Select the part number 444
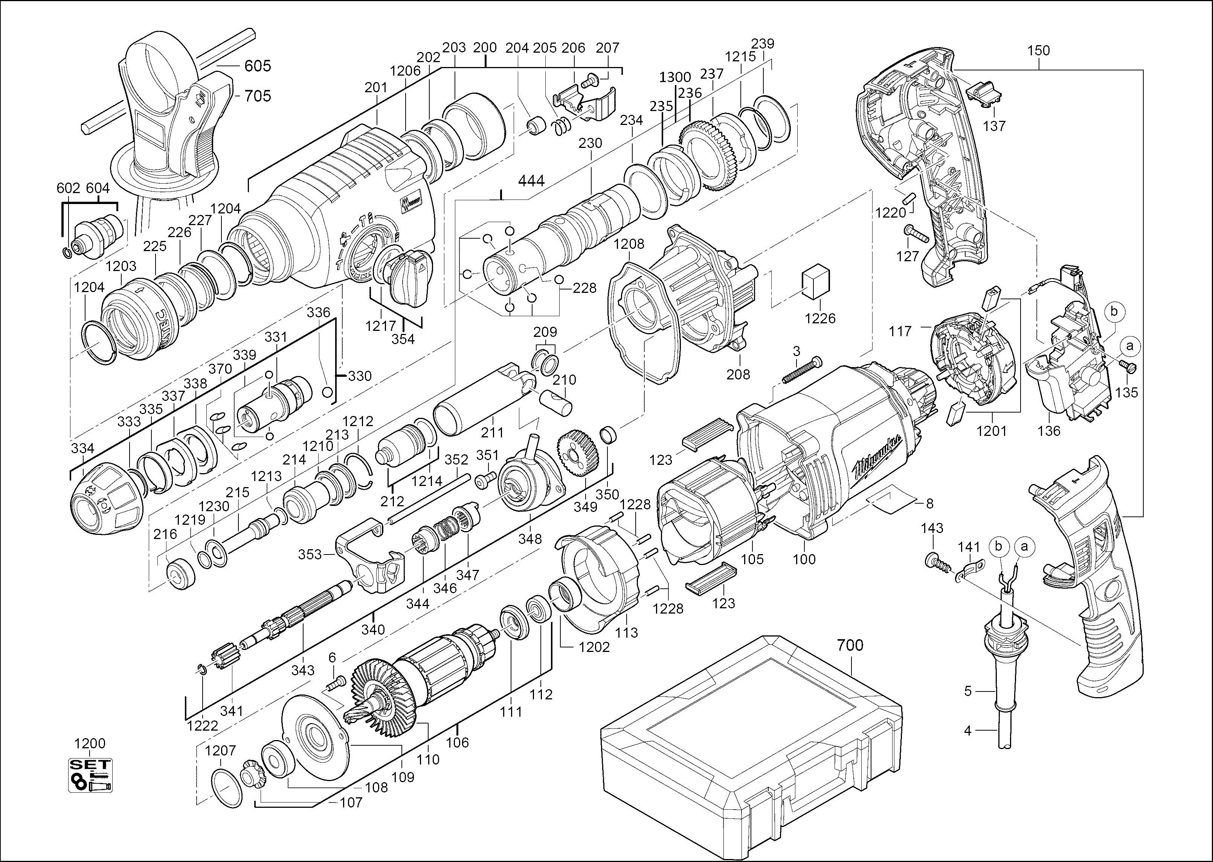click(531, 181)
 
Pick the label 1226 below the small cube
click(819, 318)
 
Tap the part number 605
click(258, 66)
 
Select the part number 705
click(258, 96)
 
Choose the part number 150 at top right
click(1038, 50)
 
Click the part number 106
click(457, 742)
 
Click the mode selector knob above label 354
click(406, 276)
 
